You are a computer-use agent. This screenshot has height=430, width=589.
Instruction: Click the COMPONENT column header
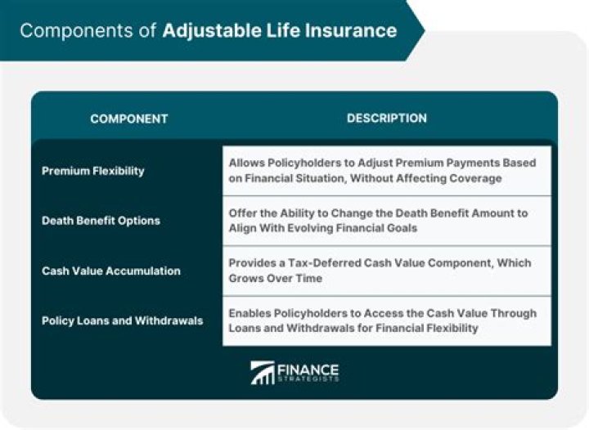128,119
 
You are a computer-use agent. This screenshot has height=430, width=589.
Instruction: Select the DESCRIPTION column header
386,119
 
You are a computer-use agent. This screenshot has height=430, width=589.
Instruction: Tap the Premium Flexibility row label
92,171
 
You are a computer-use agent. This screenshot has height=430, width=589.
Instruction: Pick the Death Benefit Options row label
101,221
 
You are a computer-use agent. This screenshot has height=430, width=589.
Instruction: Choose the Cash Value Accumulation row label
110,271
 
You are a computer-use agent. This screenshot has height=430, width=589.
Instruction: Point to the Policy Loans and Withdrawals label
122,320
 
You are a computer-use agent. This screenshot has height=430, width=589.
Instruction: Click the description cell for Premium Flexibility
386,171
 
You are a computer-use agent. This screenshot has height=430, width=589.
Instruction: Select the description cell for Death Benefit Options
386,221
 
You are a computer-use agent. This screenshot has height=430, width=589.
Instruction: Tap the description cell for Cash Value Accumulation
386,271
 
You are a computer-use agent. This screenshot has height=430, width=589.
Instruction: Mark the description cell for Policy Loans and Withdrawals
386,320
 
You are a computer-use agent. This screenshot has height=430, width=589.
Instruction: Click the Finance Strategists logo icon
263,373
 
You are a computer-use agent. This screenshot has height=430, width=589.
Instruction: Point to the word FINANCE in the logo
308,368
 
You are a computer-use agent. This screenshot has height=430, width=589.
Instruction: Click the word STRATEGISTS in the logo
308,378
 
